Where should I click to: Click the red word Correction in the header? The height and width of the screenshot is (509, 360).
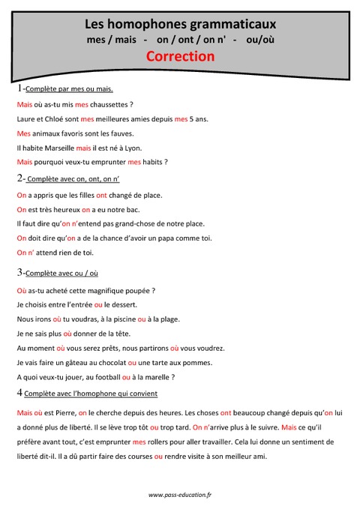click(x=180, y=56)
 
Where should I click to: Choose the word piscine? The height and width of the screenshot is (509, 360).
click(x=120, y=319)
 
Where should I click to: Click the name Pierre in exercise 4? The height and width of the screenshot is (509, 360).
click(x=61, y=412)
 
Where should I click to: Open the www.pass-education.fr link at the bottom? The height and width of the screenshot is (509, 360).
click(x=180, y=495)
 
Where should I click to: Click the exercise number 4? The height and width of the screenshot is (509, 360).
click(x=19, y=393)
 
